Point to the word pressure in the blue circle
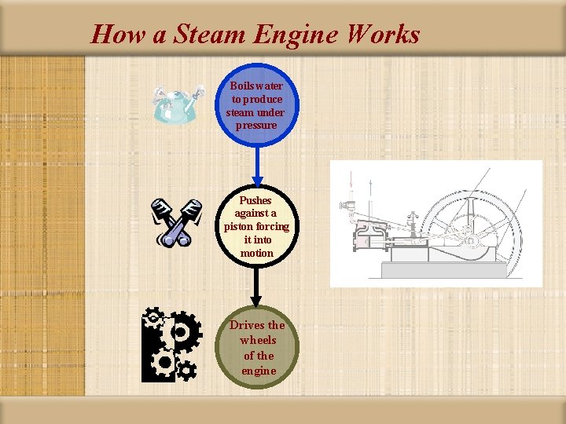pos(255,126)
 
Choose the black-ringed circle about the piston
pos(256,227)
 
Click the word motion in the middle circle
pos(256,254)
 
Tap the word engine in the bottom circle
pos(259,371)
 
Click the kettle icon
pos(178,103)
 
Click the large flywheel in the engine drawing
pos(472,228)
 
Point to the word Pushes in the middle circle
pos(255,200)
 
